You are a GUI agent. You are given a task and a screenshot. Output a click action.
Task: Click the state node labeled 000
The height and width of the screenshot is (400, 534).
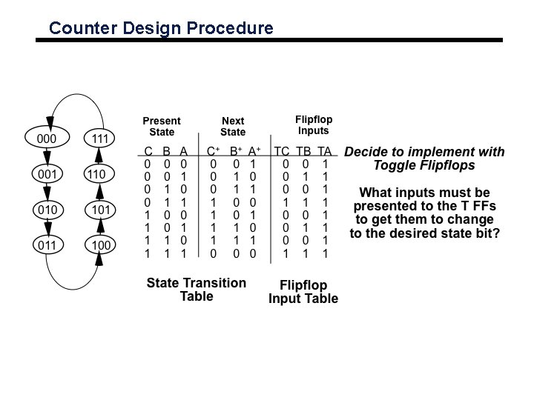click(47, 139)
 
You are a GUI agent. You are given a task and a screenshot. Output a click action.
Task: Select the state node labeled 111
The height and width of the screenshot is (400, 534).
click(99, 139)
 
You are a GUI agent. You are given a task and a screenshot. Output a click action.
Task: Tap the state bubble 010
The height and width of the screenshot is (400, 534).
click(47, 210)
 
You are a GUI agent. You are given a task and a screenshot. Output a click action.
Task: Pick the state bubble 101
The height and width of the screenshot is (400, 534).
click(99, 210)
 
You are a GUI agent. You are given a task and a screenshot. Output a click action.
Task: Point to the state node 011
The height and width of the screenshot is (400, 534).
click(47, 244)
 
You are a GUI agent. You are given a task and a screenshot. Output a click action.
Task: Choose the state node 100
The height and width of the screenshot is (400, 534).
click(99, 244)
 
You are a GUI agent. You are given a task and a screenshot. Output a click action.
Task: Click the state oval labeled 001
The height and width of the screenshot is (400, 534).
click(47, 174)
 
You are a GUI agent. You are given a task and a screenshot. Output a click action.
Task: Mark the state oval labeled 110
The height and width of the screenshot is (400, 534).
click(99, 174)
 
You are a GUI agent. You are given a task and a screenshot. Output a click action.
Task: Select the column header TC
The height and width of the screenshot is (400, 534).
click(282, 151)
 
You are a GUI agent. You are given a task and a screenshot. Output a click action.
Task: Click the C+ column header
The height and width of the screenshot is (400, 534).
click(213, 151)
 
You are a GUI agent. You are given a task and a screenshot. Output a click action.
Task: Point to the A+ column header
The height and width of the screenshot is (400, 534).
click(254, 151)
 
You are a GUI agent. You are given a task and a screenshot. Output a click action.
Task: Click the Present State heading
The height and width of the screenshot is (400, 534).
click(161, 127)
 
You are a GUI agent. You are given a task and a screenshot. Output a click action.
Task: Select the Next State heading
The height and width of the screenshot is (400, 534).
click(232, 127)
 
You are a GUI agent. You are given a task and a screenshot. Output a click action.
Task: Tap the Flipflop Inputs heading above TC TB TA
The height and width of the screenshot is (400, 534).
click(313, 124)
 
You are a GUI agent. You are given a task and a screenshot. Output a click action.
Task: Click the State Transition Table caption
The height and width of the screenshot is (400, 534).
click(196, 290)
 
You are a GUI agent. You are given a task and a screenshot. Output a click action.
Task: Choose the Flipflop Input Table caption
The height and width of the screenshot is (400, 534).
click(303, 292)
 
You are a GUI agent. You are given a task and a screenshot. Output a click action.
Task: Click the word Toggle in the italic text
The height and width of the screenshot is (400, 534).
click(395, 166)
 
